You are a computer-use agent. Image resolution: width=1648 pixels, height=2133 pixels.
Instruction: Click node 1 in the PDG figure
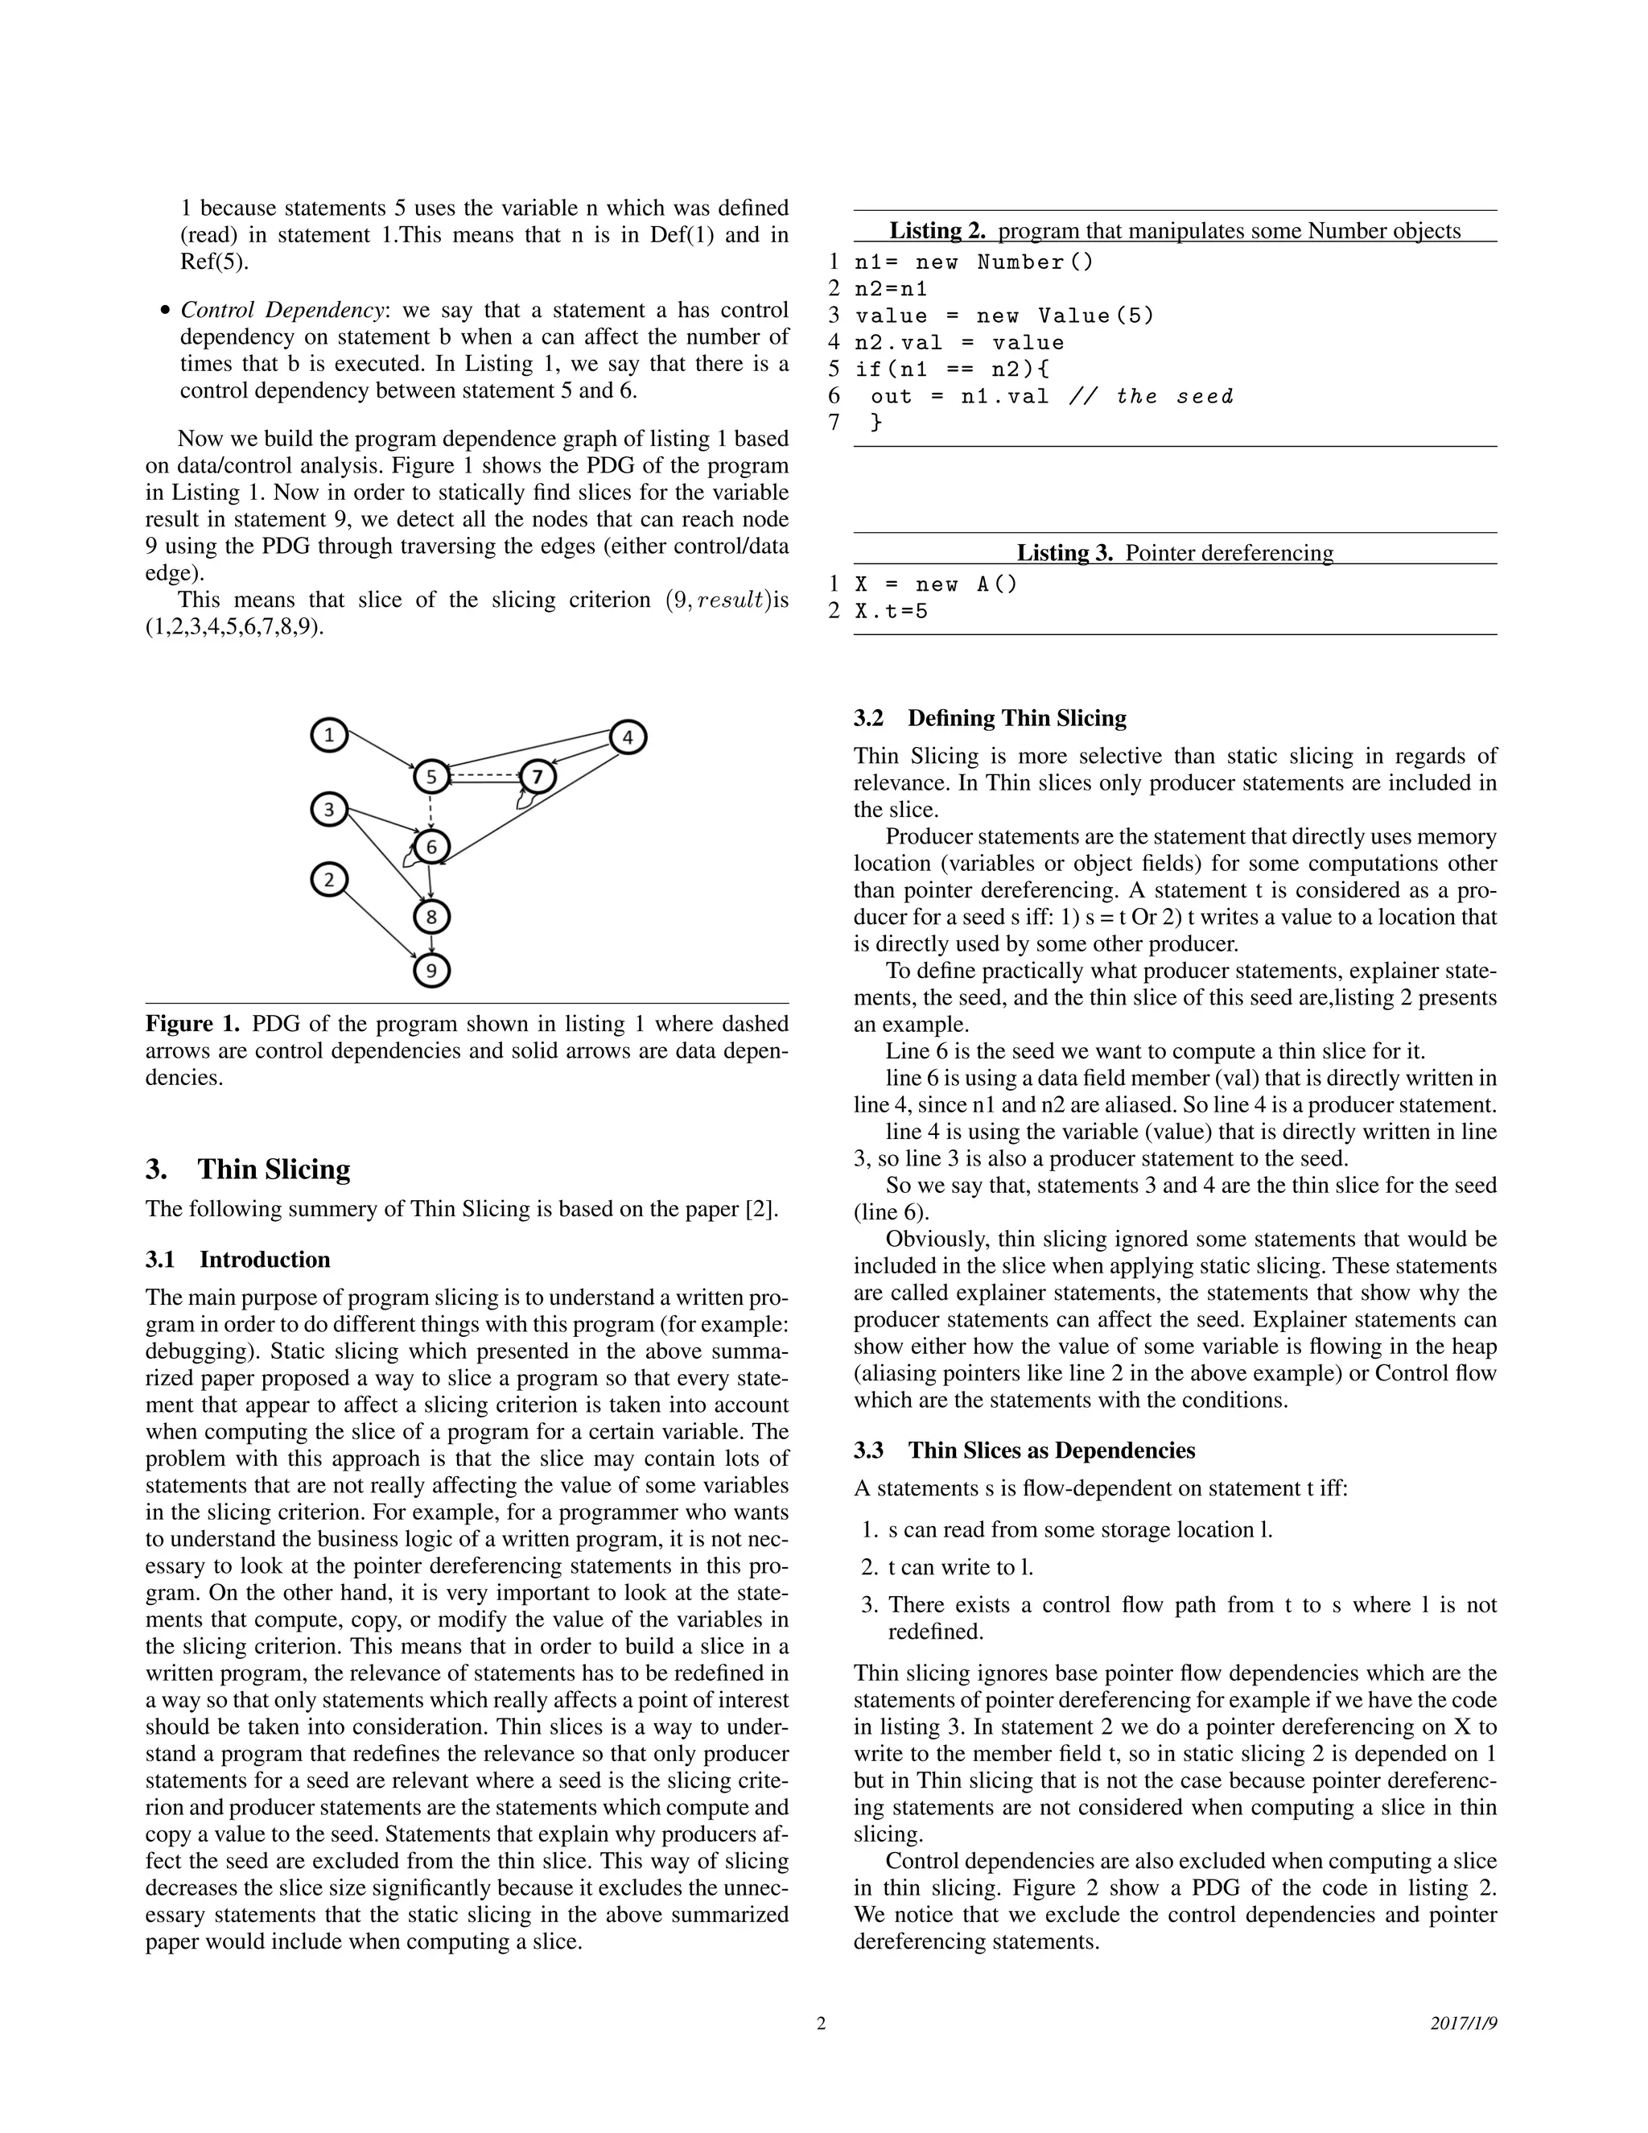(x=330, y=736)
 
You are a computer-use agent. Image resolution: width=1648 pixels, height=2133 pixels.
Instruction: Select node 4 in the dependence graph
(x=628, y=737)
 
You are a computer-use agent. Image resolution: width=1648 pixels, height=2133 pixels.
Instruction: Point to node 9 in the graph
(x=431, y=970)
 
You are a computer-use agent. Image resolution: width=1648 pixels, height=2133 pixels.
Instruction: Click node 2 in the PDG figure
(x=329, y=880)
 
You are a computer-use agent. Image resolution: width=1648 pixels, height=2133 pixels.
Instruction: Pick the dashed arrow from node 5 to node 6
(x=431, y=811)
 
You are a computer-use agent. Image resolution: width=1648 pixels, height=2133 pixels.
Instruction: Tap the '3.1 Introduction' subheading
(x=238, y=1259)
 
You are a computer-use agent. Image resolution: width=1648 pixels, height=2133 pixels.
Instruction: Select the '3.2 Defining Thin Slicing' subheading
(x=990, y=718)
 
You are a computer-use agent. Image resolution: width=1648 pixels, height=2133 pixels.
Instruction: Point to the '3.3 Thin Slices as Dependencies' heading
(x=1024, y=1450)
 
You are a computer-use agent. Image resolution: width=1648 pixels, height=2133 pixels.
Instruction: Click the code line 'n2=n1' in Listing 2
(x=892, y=289)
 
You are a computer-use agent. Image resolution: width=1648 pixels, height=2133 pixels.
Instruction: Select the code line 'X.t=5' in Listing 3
(x=892, y=612)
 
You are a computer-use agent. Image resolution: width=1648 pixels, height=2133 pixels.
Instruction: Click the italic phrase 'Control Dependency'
(x=282, y=310)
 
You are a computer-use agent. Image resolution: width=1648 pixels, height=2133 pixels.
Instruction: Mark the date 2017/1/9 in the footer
(x=1464, y=2024)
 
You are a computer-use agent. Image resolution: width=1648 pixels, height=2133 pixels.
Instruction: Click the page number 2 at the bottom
(x=821, y=2024)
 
